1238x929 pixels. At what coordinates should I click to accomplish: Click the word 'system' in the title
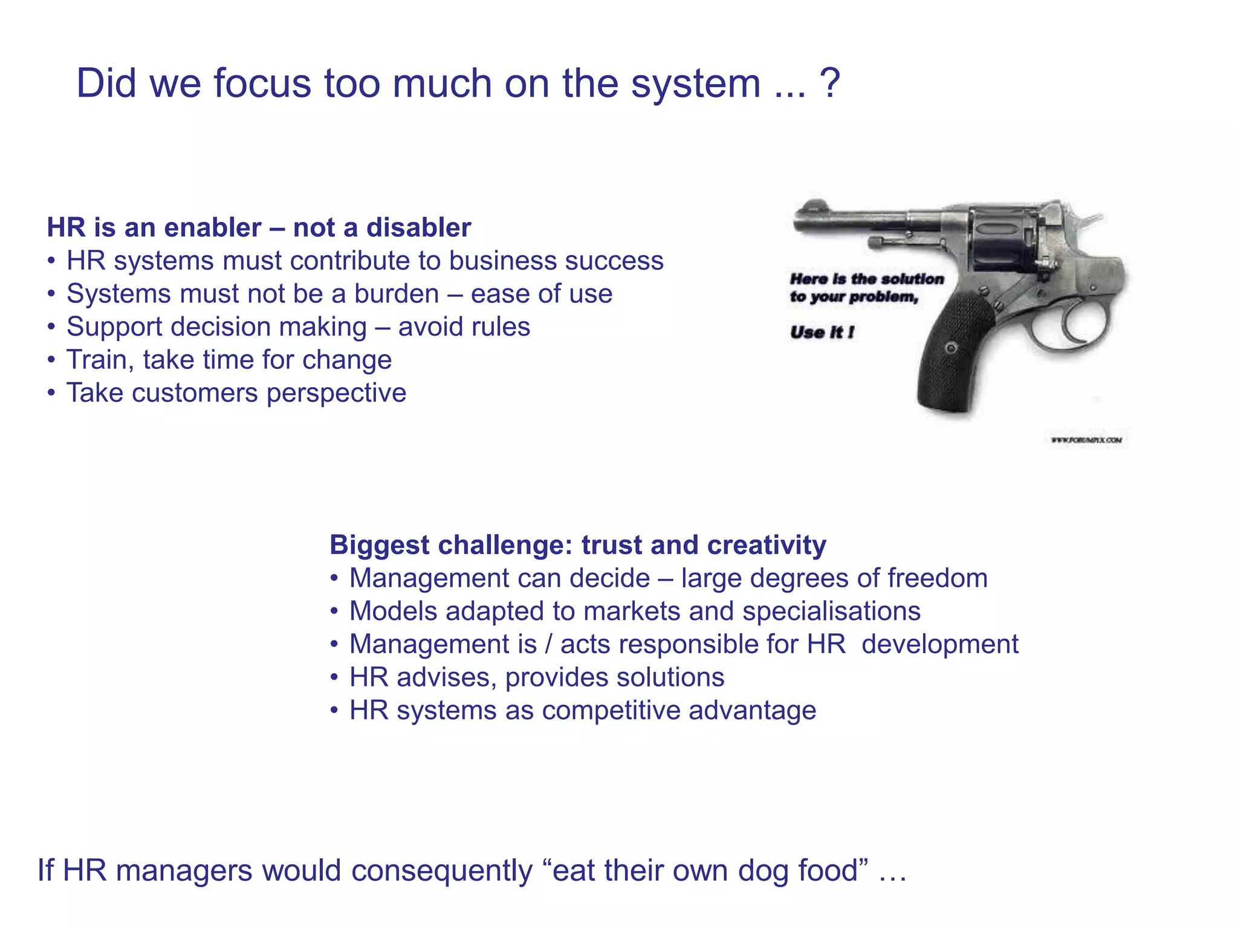[x=696, y=85]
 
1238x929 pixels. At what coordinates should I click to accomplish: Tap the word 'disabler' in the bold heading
[x=418, y=228]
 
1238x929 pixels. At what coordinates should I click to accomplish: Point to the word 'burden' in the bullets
[x=397, y=294]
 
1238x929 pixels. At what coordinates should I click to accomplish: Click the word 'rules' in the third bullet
[x=501, y=327]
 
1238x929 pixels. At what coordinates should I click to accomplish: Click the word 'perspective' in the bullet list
[x=336, y=394]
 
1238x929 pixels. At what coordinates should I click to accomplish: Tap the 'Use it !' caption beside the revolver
[x=822, y=332]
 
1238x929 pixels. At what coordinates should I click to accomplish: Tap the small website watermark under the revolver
[x=1086, y=440]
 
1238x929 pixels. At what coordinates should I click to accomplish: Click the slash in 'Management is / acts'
[x=548, y=644]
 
